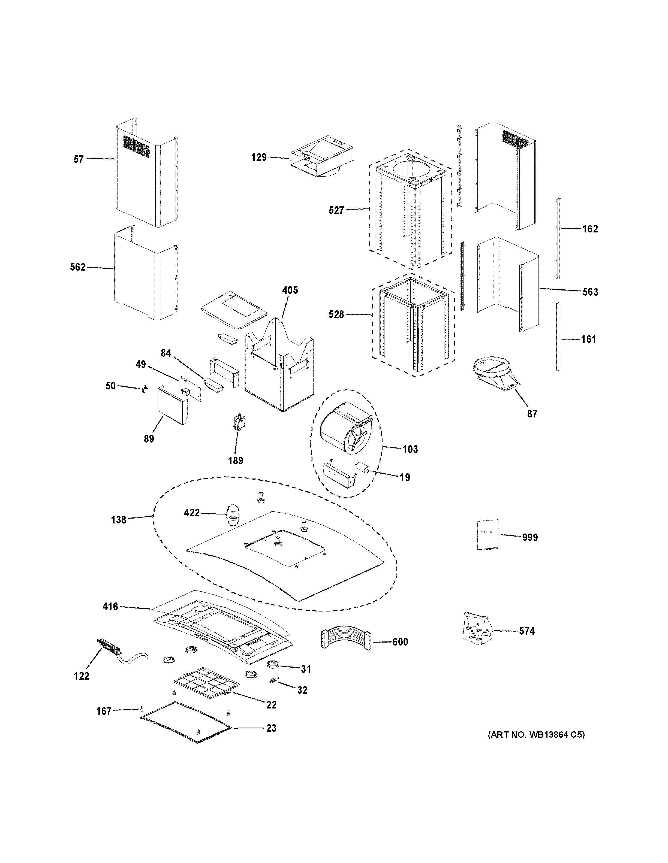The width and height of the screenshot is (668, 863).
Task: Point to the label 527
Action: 336,211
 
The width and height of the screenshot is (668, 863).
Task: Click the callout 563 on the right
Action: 590,292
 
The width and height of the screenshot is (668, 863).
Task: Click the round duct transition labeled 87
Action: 494,373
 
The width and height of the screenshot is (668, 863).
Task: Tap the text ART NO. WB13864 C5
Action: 535,735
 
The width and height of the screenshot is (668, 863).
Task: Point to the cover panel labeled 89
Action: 172,405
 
